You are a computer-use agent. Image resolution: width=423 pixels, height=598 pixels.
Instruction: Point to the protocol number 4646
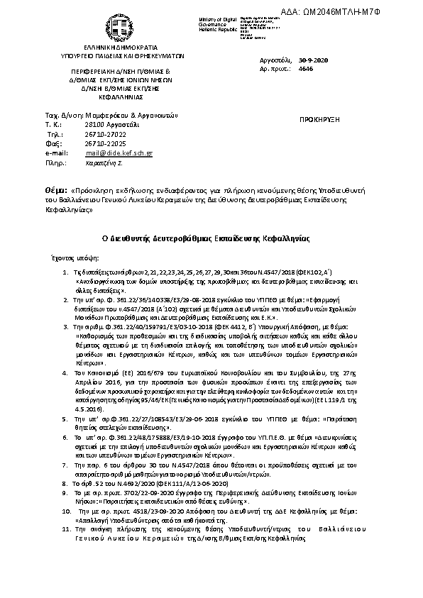[x=306, y=70]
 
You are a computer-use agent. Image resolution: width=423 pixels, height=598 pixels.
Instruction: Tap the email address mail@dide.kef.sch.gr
[x=119, y=153]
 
